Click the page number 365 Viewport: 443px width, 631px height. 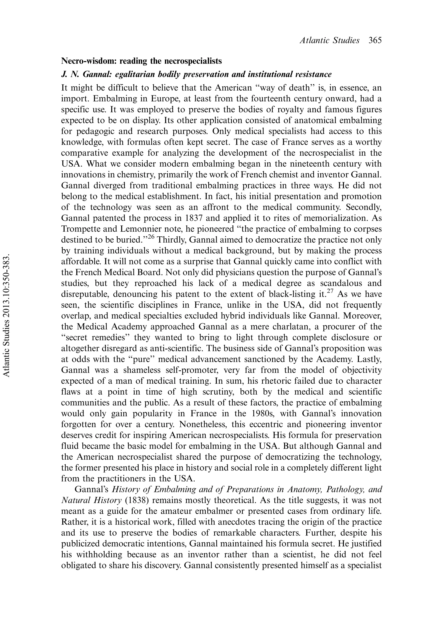[x=375, y=40]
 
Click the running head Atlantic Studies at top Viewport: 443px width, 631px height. [x=329, y=40]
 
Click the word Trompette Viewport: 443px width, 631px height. [x=79, y=229]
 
